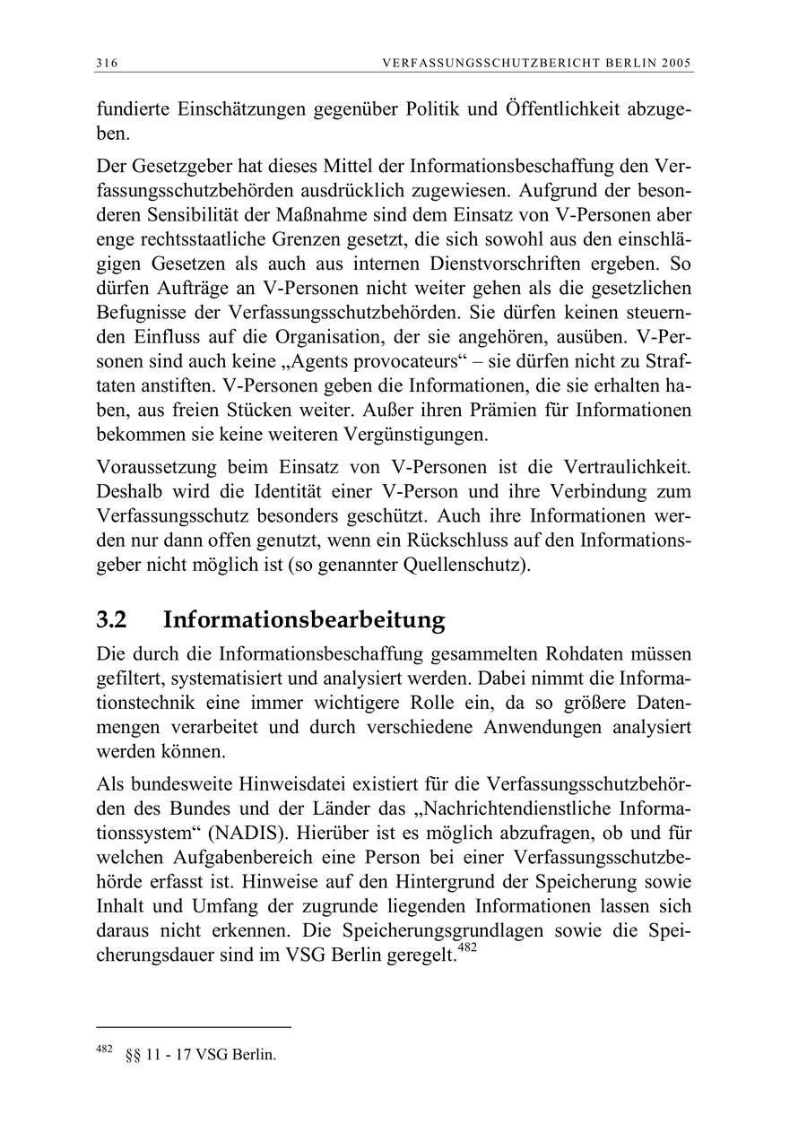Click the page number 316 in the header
(107, 63)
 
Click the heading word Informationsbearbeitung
(305, 620)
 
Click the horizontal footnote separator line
(194, 1027)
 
